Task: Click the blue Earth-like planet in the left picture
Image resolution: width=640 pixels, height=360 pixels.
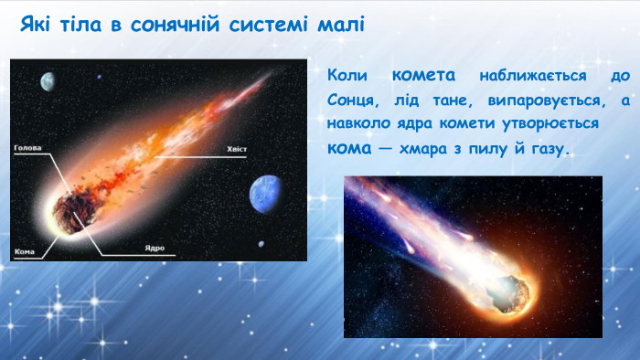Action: pyautogui.click(x=267, y=194)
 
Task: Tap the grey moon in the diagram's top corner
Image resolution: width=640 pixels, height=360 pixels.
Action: pyautogui.click(x=48, y=82)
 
